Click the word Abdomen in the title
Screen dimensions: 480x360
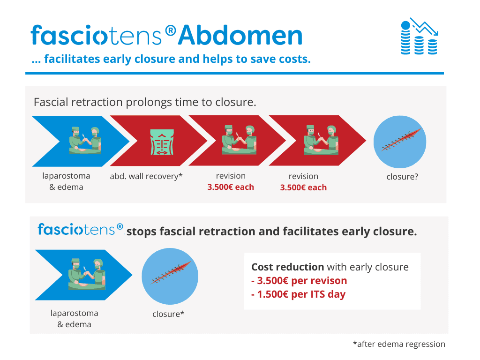coord(240,35)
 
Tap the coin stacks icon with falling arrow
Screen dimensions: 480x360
coord(420,36)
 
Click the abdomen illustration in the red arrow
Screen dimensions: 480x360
coord(162,142)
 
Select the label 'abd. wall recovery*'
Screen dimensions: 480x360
coord(146,176)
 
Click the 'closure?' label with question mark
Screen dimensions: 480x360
coord(402,177)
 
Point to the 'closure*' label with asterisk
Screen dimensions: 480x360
coord(168,314)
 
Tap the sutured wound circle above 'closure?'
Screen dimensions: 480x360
coord(400,142)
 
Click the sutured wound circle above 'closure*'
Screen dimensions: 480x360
coord(170,276)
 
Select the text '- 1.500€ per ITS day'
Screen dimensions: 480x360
coord(299,294)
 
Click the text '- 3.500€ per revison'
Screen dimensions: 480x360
coord(299,280)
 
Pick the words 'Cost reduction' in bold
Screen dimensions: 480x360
coord(287,267)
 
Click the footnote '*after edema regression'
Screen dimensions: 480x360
coord(399,344)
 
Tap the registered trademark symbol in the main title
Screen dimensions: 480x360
coord(171,30)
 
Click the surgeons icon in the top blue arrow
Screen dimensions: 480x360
coord(85,140)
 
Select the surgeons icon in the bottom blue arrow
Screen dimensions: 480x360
coord(87,274)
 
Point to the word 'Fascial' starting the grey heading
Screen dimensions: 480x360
coord(51,102)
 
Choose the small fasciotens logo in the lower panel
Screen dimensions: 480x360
coord(81,229)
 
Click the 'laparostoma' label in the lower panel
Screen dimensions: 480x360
coord(75,313)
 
